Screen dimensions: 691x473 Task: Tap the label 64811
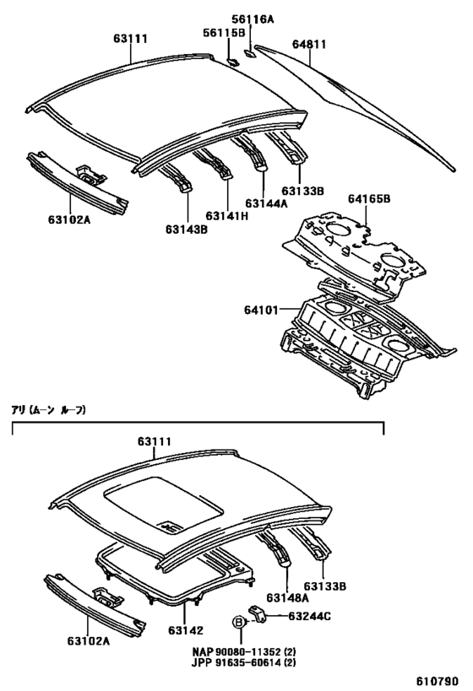309,44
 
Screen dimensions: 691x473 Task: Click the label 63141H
229,215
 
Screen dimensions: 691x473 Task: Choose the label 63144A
267,203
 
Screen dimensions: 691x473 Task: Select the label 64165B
369,199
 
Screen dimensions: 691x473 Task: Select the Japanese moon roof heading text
48,410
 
